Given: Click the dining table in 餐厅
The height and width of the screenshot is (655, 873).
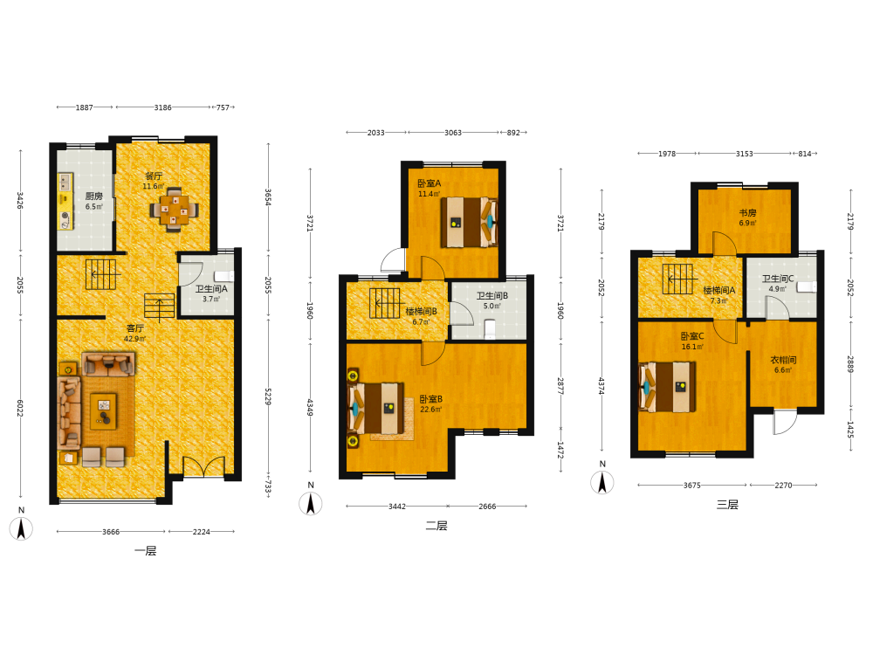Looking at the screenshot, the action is point(175,209).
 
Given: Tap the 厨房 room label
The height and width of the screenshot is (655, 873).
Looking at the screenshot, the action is point(94,196).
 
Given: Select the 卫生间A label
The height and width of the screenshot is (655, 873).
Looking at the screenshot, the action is point(211,289).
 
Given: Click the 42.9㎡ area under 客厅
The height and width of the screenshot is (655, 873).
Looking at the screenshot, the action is point(134,339).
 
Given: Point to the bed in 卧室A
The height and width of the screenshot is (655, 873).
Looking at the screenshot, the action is point(469,222).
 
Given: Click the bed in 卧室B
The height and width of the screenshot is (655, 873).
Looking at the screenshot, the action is point(375,408).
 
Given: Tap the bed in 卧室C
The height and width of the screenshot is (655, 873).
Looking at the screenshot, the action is point(668,387).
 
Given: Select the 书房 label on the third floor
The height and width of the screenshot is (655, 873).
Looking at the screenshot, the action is point(748,213).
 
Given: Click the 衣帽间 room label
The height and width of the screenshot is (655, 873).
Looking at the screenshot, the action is point(783,360).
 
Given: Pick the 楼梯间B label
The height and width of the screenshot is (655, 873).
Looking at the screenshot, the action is point(421,312).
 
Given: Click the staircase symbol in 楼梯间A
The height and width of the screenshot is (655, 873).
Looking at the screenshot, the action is point(677,279).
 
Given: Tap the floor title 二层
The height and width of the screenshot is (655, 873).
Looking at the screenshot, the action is point(436,526).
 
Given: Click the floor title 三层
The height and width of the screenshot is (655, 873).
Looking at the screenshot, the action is point(727,505).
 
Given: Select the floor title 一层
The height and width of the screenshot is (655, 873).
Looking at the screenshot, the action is point(145,551).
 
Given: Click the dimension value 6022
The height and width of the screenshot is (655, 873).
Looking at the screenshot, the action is point(20,408).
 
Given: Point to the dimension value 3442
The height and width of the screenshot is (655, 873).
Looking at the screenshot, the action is point(397,507).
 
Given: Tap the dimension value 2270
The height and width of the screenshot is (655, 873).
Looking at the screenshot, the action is point(783,485).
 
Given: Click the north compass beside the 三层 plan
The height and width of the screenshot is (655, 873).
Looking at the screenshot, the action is point(601,482).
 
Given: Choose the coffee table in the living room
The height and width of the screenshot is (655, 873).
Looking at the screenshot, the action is point(104,411).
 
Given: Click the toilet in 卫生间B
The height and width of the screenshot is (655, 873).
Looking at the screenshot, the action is point(490,328).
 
